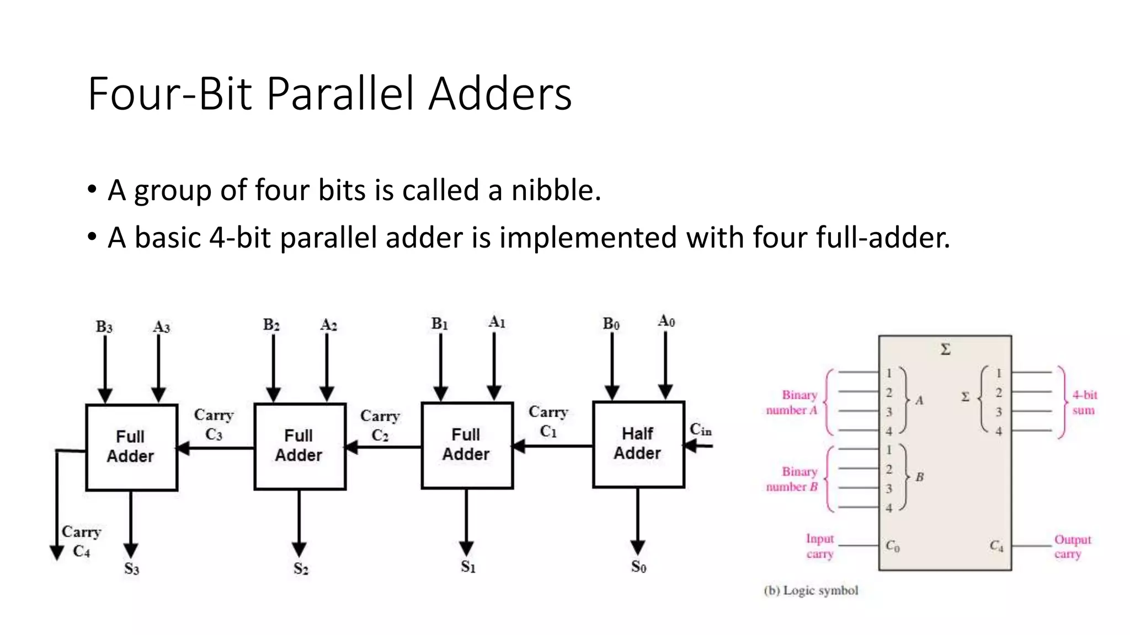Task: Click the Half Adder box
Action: [638, 444]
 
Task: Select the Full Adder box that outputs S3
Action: [131, 447]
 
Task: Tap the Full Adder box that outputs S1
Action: [467, 445]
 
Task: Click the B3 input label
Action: [104, 327]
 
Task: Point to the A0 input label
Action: [666, 321]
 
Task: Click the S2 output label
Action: [301, 568]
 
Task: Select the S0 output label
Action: [638, 567]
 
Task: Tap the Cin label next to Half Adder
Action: [701, 429]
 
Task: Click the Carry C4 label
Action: [81, 541]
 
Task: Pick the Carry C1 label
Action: [548, 422]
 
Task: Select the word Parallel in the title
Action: [340, 94]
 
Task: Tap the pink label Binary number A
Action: [792, 402]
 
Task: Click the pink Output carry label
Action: [1072, 546]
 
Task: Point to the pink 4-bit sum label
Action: [1084, 402]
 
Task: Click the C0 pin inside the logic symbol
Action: [892, 546]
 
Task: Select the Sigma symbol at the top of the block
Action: [945, 349]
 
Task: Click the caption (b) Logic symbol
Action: [811, 590]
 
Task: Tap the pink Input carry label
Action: [819, 546]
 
